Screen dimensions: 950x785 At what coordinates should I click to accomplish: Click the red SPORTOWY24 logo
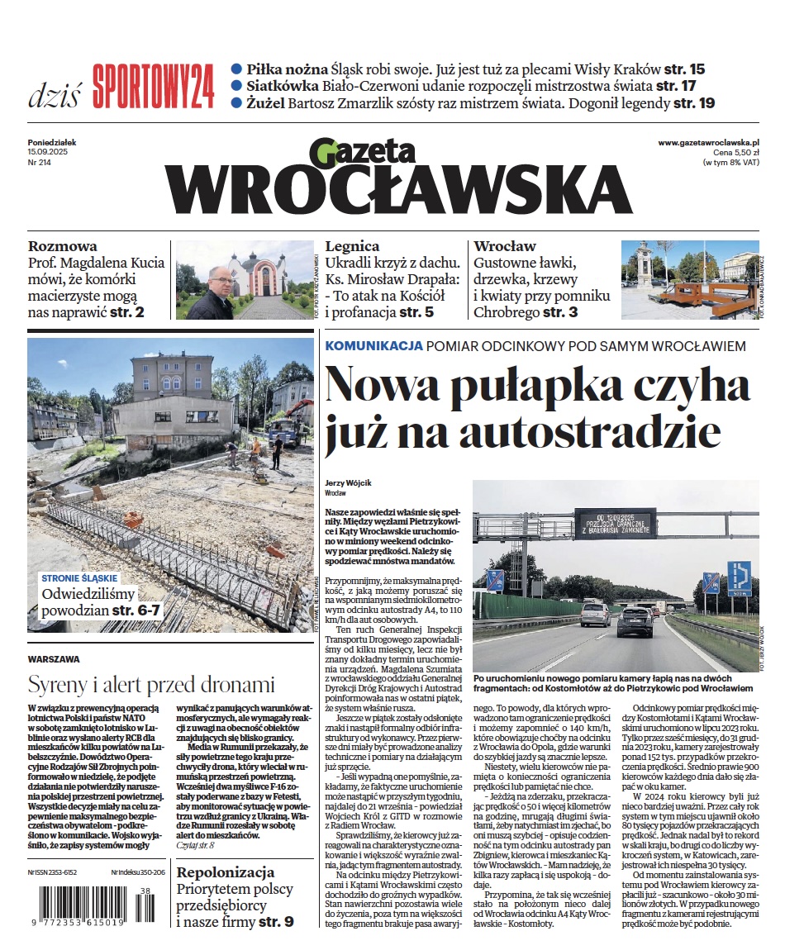point(154,85)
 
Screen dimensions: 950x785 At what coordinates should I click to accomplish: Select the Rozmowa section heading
point(63,246)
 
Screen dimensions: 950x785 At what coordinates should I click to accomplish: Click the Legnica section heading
point(353,246)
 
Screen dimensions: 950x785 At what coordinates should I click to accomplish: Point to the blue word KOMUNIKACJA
point(374,346)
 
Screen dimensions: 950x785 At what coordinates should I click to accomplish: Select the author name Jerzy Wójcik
point(347,482)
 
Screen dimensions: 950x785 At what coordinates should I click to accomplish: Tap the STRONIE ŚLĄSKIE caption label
point(79,578)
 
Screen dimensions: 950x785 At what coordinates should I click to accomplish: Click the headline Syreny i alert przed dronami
point(151,684)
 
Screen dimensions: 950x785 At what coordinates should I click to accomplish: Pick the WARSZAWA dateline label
point(54,660)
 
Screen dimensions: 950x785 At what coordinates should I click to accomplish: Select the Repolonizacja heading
point(226,873)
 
